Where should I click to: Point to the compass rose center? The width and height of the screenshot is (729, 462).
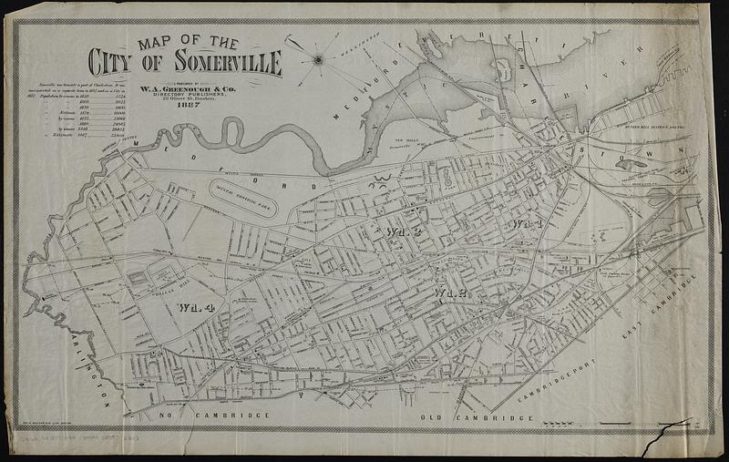pos(318,60)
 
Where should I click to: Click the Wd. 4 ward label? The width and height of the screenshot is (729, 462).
pos(196,306)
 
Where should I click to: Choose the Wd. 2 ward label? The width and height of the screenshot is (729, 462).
pos(450,293)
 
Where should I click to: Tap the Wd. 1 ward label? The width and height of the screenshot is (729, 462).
pos(527,223)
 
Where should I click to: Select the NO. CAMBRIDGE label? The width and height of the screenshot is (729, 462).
pos(219,416)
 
